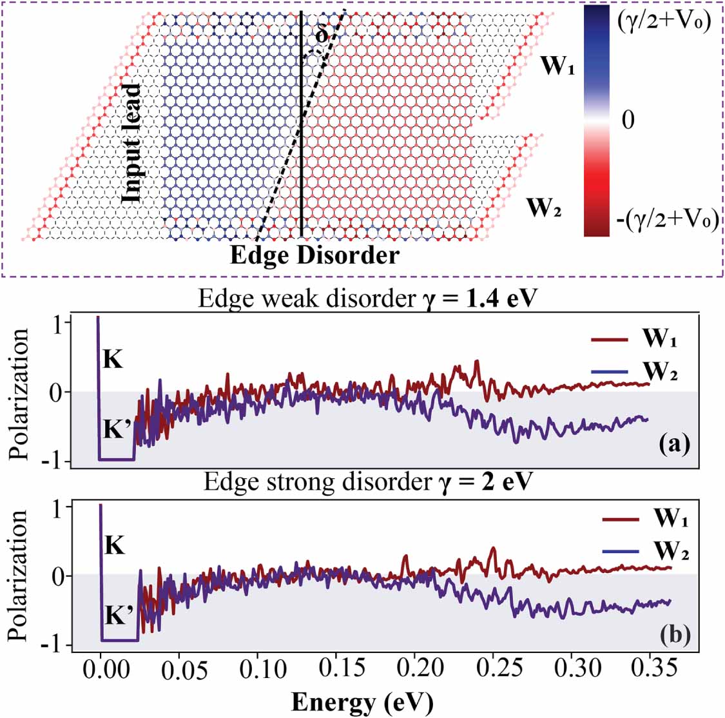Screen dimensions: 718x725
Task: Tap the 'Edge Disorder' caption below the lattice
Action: point(315,255)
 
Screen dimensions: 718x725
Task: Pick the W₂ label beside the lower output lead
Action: point(545,208)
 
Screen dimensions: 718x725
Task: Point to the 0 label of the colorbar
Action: point(628,121)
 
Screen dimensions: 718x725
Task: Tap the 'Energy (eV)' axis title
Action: point(361,701)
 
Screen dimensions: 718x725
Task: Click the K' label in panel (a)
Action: point(117,429)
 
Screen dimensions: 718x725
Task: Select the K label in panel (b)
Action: point(114,547)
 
